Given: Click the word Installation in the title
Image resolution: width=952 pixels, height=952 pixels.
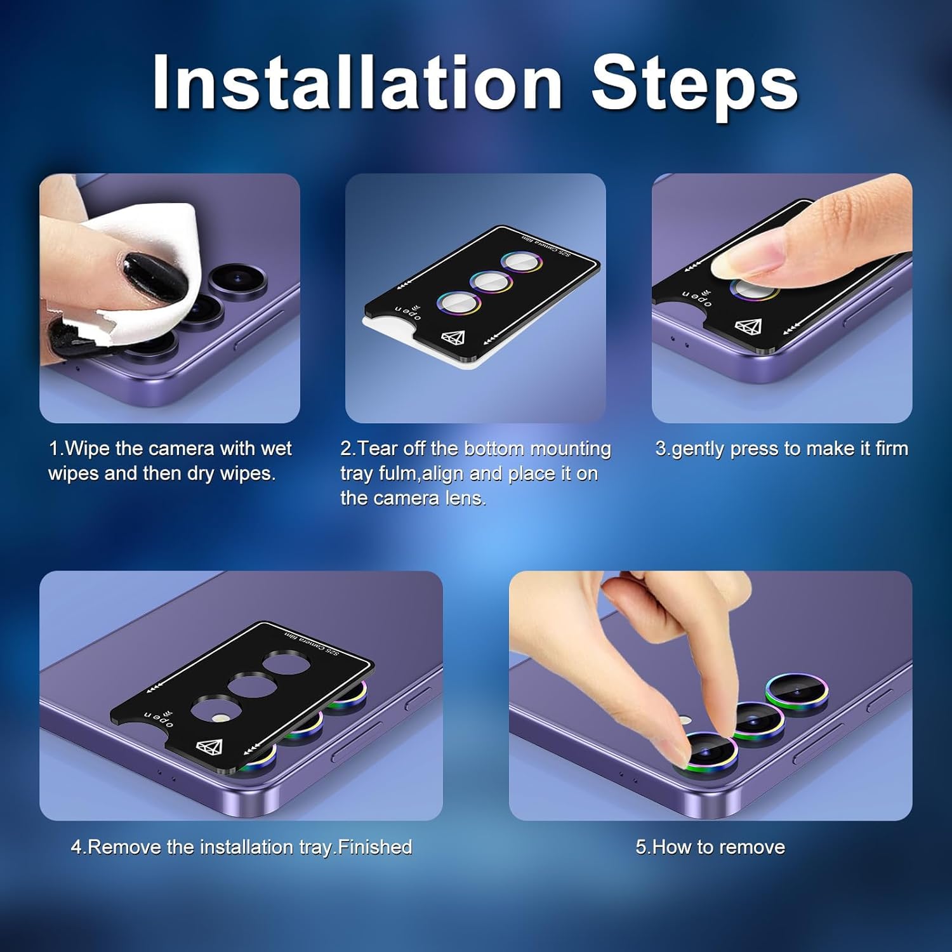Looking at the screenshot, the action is tap(357, 82).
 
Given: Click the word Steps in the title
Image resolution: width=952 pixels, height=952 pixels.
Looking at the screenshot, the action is tap(694, 86).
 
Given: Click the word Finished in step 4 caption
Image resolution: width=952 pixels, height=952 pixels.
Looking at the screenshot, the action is tap(375, 847).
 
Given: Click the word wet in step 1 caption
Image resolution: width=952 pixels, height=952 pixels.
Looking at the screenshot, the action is tap(275, 449).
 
